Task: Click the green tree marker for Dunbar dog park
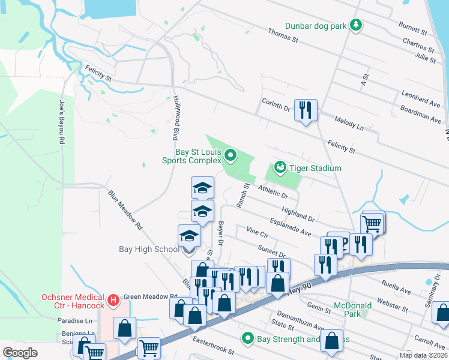[x=357, y=25]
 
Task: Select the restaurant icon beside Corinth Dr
[x=306, y=110]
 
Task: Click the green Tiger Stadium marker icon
[x=279, y=168]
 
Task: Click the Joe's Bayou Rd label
[x=61, y=122]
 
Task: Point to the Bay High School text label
[x=148, y=249]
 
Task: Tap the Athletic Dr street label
[x=274, y=192]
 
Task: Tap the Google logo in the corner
[x=20, y=352]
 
